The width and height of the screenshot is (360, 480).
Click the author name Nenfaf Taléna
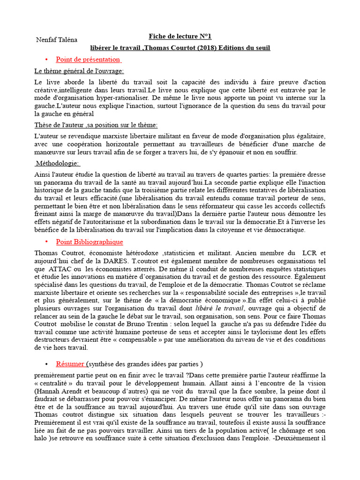pyautogui.click(x=57, y=39)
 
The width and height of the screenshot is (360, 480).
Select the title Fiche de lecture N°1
pyautogui.click(x=177, y=36)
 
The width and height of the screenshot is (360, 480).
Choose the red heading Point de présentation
pyautogui.click(x=88, y=60)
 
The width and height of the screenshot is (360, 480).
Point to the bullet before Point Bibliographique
pyautogui.click(x=46, y=242)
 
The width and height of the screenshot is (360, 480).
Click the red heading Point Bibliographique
pyautogui.click(x=90, y=242)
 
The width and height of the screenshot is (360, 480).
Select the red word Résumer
pyautogui.click(x=70, y=364)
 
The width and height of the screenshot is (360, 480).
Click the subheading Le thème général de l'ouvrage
pyautogui.click(x=79, y=71)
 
